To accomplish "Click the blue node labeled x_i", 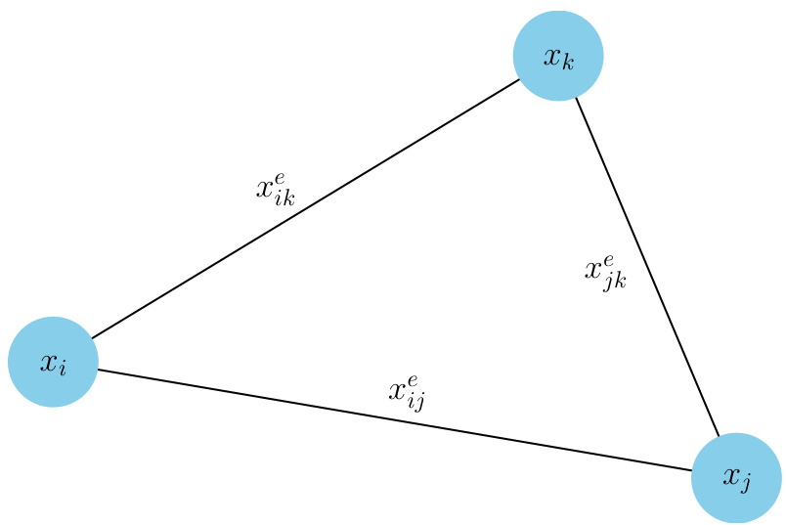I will [53, 361].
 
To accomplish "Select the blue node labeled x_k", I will [557, 56].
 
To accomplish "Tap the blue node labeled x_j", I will [735, 478].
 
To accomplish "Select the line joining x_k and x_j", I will [647, 267].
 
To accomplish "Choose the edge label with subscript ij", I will [406, 392].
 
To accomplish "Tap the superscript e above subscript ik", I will [280, 177].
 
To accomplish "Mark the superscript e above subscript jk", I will [609, 261].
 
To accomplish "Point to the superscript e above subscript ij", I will [412, 380].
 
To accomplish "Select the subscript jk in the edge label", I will [614, 283].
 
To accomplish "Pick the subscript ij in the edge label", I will [415, 401].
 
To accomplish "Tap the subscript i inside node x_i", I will [64, 369].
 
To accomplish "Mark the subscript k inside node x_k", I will [568, 63].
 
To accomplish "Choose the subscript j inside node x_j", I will [746, 486].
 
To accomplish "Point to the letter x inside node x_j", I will [729, 477].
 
